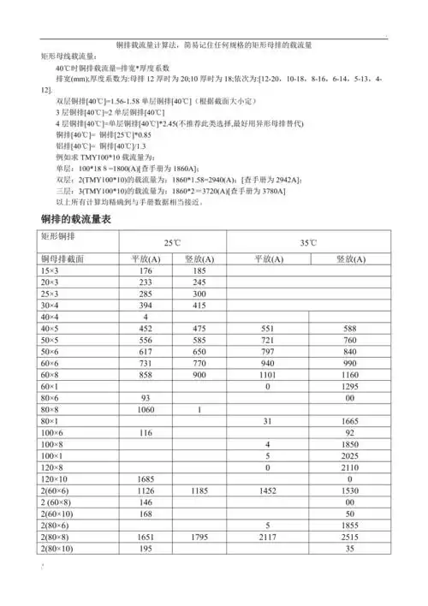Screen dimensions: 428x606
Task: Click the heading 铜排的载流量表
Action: [76, 220]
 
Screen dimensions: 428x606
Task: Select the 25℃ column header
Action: [163, 243]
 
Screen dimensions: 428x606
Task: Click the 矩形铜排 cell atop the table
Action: [57, 235]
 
